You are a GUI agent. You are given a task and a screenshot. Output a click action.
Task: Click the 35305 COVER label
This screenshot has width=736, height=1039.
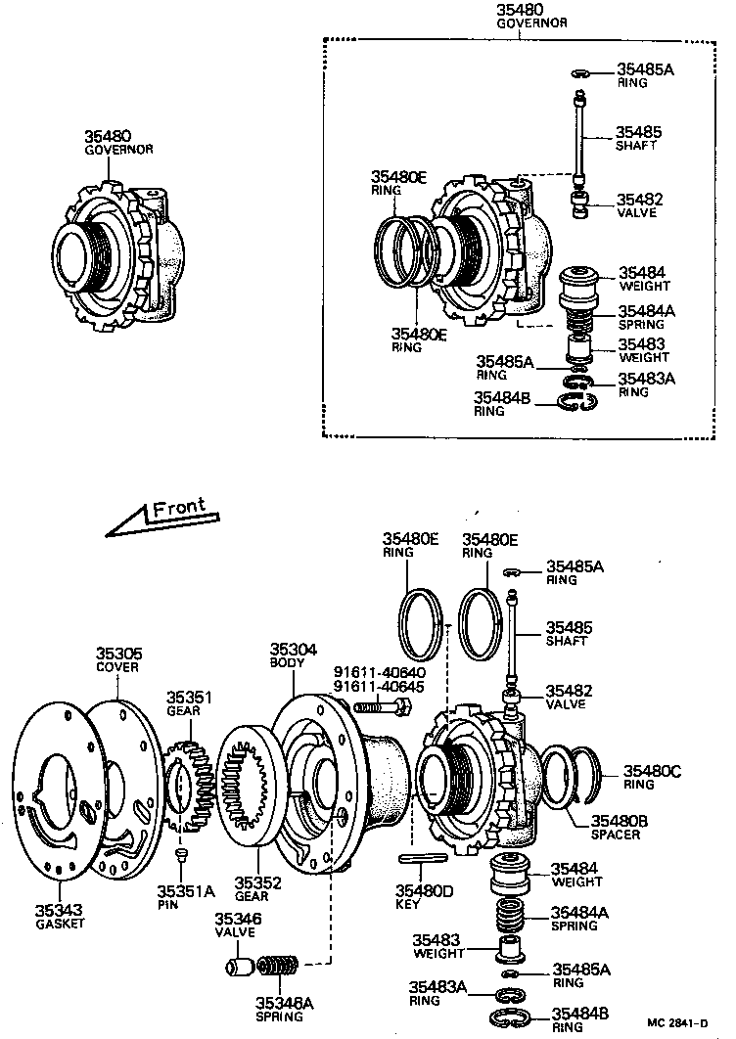117,659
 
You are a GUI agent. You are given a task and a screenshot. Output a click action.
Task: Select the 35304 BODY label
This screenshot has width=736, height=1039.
288,655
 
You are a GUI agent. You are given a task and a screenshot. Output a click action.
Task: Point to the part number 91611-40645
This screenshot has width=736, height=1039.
380,687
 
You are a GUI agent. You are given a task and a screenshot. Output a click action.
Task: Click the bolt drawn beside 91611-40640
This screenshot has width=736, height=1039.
378,705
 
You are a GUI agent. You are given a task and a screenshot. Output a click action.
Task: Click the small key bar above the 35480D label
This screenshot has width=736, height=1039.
424,858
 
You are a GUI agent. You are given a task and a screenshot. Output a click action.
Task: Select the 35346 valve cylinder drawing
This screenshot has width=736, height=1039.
240,968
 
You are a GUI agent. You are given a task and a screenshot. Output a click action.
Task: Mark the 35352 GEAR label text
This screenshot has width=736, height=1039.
257,887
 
